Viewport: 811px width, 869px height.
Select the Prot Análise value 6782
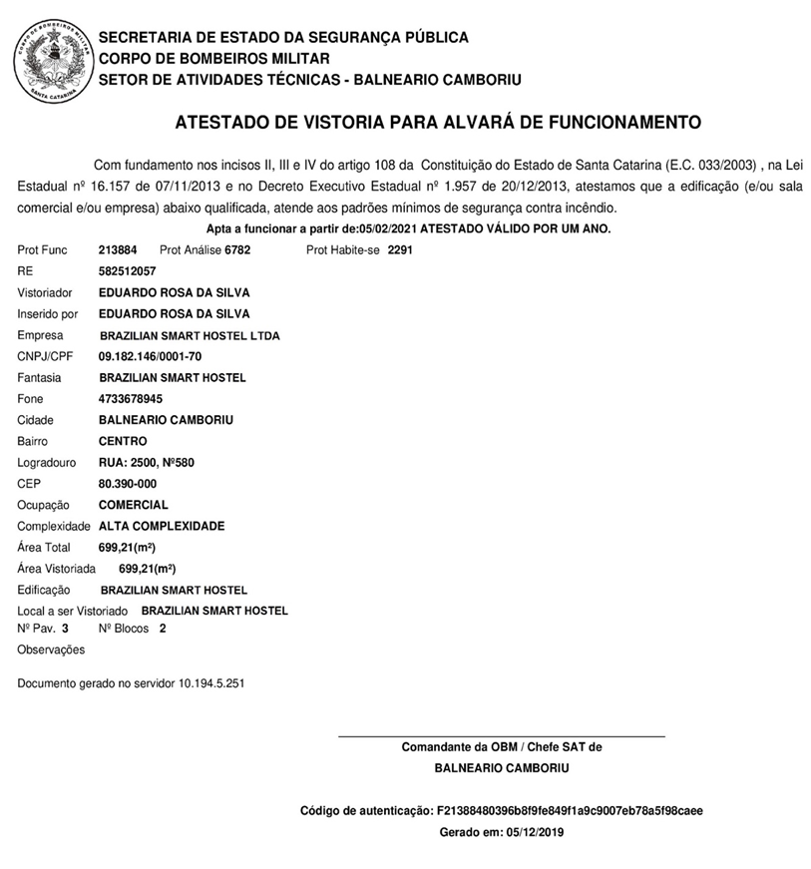tap(237, 249)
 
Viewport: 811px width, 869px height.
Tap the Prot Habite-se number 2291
tap(399, 249)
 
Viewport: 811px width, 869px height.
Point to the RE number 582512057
tap(127, 271)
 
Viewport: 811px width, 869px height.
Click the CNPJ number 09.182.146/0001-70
tap(150, 356)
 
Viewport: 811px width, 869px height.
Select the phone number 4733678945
tap(130, 399)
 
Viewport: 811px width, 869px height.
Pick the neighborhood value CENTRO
tap(123, 441)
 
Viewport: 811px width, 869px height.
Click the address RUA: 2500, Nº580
tap(152, 462)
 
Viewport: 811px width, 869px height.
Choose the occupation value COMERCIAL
tap(134, 505)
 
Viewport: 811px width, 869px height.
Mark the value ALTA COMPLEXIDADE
tap(162, 526)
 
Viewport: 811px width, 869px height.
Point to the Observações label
tap(51, 650)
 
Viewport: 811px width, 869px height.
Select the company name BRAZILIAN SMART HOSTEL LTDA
tap(190, 335)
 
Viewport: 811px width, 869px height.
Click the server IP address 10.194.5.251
tap(211, 683)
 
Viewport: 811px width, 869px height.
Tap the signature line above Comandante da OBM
tap(502, 736)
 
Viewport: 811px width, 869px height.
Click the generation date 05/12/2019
tap(535, 831)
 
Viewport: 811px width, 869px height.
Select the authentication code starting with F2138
tap(570, 810)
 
